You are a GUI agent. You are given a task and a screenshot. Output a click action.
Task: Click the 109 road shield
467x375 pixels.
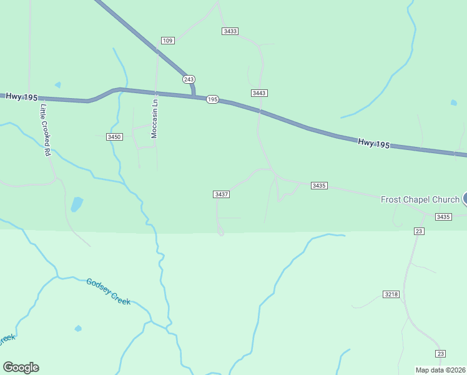coord(167,41)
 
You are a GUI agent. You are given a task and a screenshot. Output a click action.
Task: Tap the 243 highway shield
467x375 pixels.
coord(189,79)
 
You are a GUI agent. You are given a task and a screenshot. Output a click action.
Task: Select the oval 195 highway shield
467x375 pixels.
coord(212,99)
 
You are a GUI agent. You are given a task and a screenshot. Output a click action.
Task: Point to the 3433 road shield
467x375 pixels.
coord(230,31)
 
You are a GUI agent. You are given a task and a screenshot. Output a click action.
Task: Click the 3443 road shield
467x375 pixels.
coord(259,93)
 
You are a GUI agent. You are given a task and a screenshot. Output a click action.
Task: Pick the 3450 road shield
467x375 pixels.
coord(114,136)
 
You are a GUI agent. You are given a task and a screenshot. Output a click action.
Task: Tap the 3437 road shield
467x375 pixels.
coord(222,194)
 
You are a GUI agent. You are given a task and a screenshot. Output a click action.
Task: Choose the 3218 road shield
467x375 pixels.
coord(391,294)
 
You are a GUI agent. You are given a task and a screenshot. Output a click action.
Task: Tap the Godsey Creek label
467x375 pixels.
coord(109,291)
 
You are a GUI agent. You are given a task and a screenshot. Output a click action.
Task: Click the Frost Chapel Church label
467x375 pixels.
coord(420,199)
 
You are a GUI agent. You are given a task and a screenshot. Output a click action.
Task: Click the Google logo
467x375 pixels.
coord(21,367)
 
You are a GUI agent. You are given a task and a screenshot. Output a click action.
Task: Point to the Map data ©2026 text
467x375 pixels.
coord(440,369)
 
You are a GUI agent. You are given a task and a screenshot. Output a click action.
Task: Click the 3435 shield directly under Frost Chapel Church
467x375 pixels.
coord(443,217)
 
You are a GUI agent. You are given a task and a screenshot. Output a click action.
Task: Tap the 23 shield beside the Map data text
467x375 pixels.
coord(441,354)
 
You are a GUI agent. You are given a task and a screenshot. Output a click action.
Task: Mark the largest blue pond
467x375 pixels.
coord(77,204)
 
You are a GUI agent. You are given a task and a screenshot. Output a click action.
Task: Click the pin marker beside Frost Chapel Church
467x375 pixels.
coord(465,199)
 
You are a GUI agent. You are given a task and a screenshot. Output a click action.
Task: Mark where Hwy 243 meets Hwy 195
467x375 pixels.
coord(194,96)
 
